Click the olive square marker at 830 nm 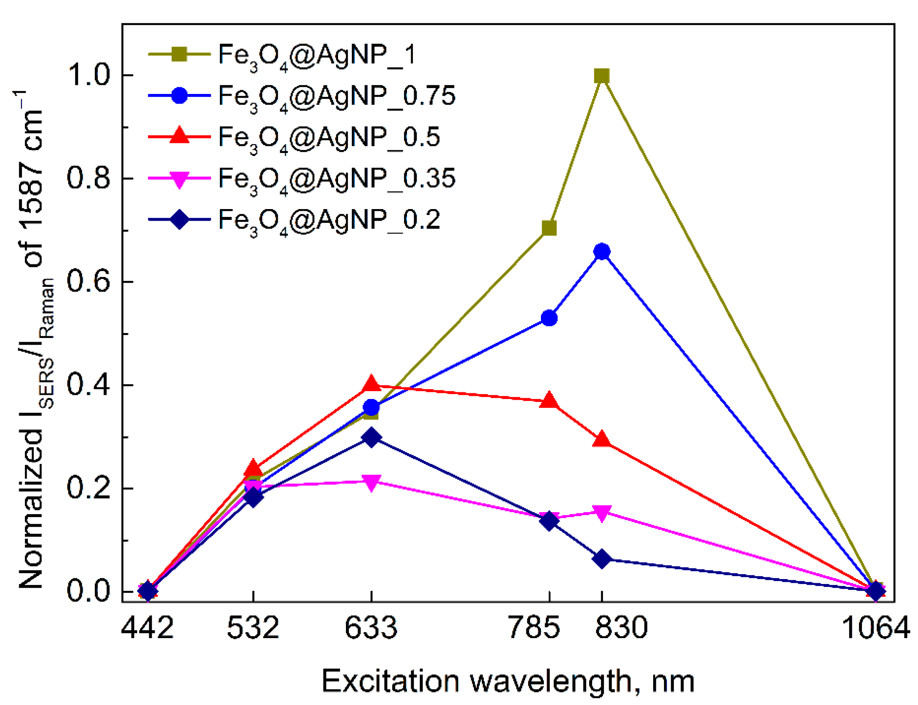(x=602, y=76)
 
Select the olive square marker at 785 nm (x=549, y=228)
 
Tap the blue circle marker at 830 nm (x=602, y=252)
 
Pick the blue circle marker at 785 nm (x=549, y=318)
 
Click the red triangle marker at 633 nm (x=371, y=384)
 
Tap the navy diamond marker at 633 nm (x=371, y=437)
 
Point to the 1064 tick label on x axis (x=876, y=628)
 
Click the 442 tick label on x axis (x=147, y=628)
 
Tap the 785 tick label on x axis (x=534, y=628)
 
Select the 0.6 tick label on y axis (x=89, y=281)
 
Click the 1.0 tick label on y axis (x=89, y=75)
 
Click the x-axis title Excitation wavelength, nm (x=508, y=681)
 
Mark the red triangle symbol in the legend (x=179, y=136)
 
